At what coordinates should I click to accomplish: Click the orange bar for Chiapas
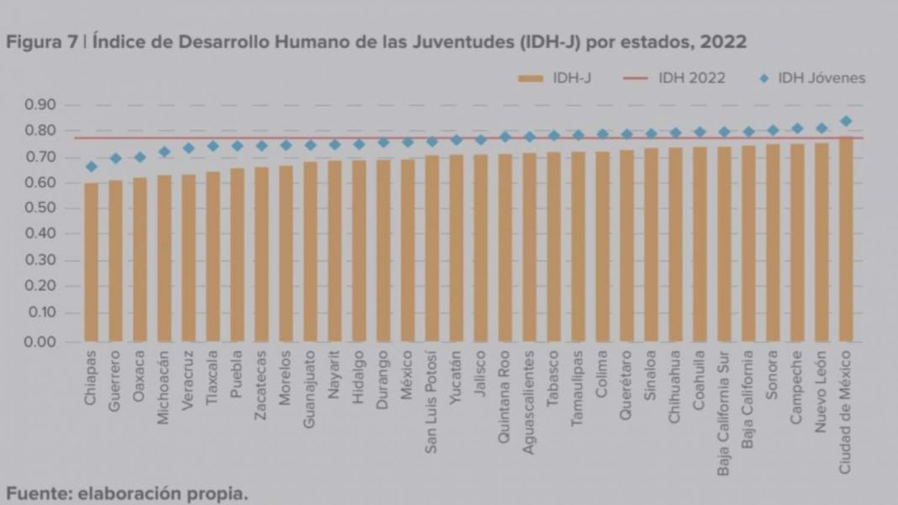pyautogui.click(x=91, y=263)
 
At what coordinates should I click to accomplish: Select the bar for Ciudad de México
pyautogui.click(x=845, y=239)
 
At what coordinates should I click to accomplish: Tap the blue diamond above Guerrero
pyautogui.click(x=116, y=159)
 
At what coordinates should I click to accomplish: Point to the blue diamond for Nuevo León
pyautogui.click(x=821, y=128)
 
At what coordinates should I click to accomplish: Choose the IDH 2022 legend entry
pyautogui.click(x=674, y=78)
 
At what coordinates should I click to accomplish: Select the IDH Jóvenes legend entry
pyautogui.click(x=812, y=78)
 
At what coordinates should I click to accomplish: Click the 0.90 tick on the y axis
pyautogui.click(x=40, y=105)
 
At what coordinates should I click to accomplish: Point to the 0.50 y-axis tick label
pyautogui.click(x=40, y=208)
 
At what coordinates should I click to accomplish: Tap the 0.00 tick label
pyautogui.click(x=40, y=342)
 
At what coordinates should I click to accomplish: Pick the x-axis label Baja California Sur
pyautogui.click(x=723, y=413)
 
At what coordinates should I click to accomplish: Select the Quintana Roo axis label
pyautogui.click(x=504, y=397)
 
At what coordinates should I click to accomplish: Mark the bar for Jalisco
pyautogui.click(x=480, y=248)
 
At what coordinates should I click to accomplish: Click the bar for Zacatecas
pyautogui.click(x=261, y=254)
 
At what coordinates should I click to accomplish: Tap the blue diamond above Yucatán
pyautogui.click(x=456, y=140)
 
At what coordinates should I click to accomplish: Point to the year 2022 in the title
pyautogui.click(x=723, y=42)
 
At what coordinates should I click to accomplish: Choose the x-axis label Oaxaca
pyautogui.click(x=139, y=376)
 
